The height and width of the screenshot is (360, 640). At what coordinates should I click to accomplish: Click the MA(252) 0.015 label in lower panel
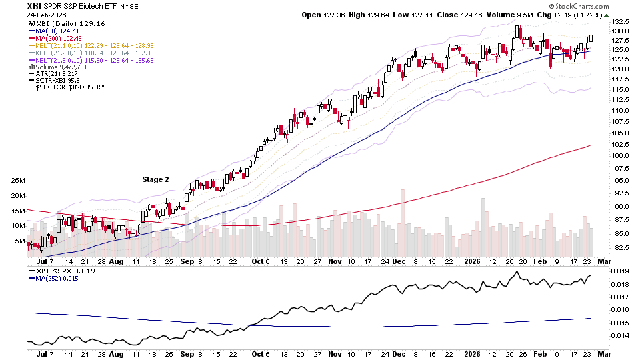[x=58, y=279]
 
